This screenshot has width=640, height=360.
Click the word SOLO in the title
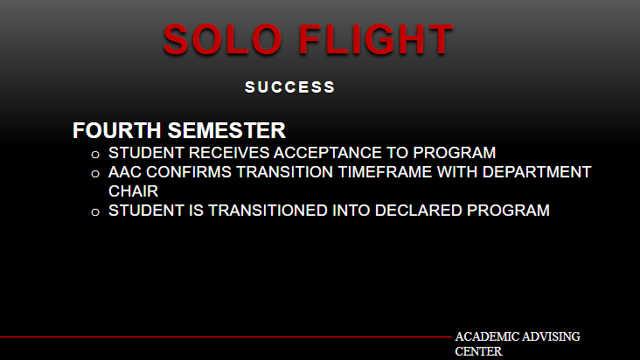point(222,39)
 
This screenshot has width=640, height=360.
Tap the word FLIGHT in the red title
point(376,39)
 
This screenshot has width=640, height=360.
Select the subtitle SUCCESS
point(289,87)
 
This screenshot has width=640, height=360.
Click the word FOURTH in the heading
point(117,130)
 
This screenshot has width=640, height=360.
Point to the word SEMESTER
point(226,130)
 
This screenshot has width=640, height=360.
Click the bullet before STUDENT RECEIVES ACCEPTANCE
point(95,155)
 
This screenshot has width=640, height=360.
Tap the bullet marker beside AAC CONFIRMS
point(95,174)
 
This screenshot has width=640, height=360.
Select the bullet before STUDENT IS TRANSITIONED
point(95,212)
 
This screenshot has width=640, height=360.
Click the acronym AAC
point(124,172)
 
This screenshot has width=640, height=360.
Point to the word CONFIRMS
point(189,172)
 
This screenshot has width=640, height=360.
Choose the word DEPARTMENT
point(537,172)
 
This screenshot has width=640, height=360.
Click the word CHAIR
point(133,191)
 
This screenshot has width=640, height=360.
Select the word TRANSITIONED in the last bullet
point(268,211)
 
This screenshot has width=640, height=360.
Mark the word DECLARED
point(419,211)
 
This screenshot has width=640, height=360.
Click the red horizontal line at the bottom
point(226,337)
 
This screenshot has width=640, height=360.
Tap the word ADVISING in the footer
point(551,336)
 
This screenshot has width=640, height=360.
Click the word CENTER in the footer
point(478,351)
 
